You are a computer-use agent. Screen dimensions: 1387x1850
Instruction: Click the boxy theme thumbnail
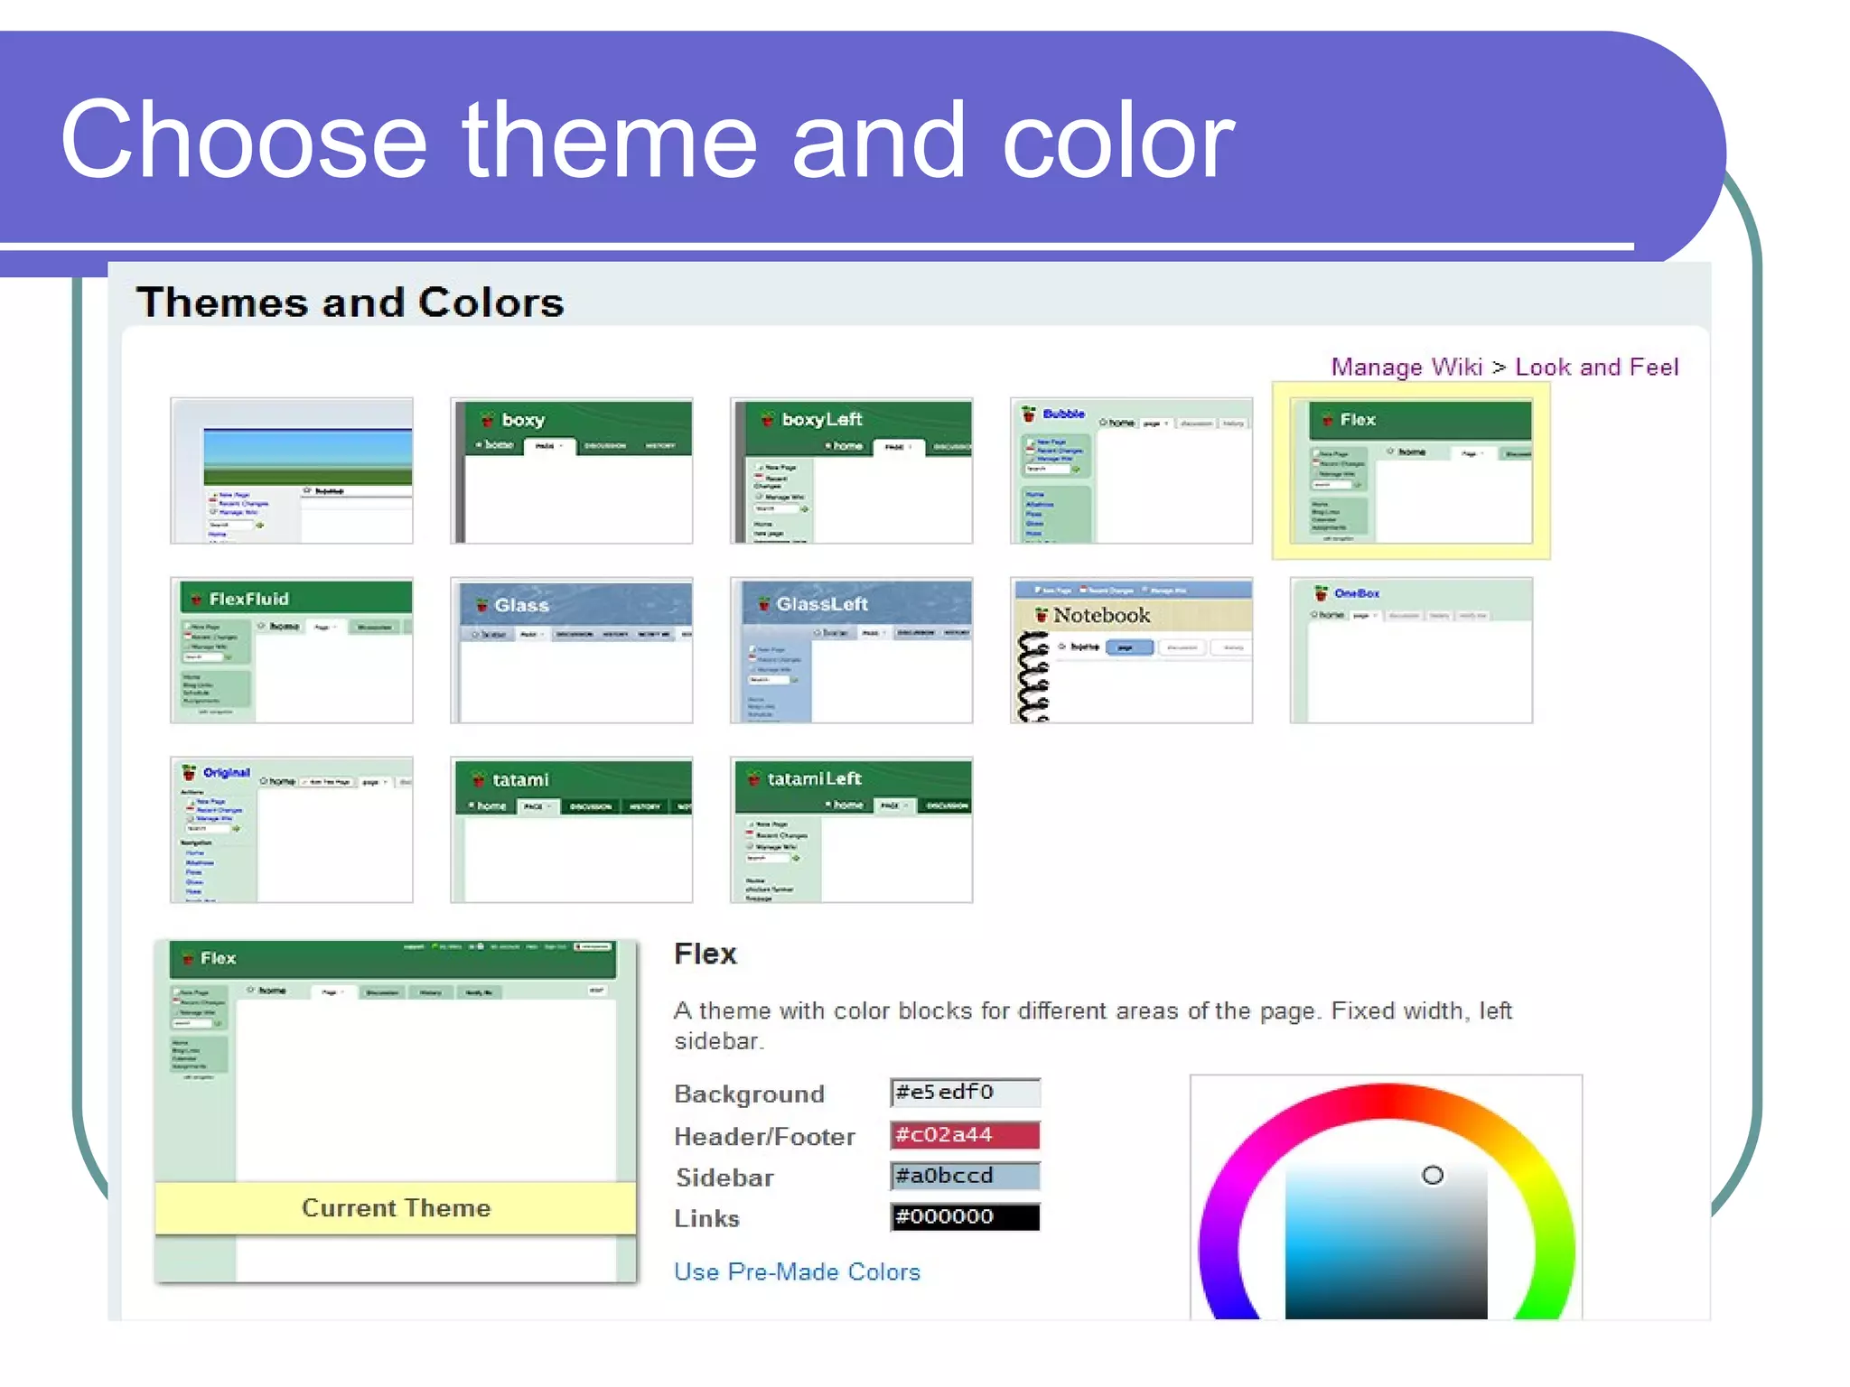point(571,470)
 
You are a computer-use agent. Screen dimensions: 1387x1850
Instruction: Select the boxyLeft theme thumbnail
point(851,470)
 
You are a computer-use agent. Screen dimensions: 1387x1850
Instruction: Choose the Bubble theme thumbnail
point(1131,470)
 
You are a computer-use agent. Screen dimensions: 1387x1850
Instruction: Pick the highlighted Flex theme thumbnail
point(1411,470)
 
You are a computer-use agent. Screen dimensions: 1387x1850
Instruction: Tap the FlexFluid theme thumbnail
point(291,650)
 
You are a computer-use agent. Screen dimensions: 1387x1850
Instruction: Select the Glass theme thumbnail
point(571,650)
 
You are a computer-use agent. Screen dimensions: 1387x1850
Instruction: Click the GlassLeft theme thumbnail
point(851,650)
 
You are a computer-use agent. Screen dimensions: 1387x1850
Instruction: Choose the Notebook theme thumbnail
point(1131,650)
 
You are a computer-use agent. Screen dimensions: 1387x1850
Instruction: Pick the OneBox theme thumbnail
point(1411,650)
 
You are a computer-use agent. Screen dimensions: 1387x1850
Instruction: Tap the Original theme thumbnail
point(291,829)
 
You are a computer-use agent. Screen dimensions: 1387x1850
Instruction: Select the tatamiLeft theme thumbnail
point(851,829)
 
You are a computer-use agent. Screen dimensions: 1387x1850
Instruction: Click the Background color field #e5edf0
point(965,1093)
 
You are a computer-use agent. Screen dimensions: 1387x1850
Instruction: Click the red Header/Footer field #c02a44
point(965,1135)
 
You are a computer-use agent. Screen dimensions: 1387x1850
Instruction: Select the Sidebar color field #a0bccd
point(965,1176)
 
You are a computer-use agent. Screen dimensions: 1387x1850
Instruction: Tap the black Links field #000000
point(965,1217)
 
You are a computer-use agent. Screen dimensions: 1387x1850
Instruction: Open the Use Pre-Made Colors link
point(797,1271)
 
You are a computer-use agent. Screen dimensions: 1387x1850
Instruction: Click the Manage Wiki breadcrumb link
point(1406,367)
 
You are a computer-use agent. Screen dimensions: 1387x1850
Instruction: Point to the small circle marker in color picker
point(1433,1175)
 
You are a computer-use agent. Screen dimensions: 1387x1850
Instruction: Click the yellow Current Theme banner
point(396,1208)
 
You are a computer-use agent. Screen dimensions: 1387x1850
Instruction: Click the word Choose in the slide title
point(242,141)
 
